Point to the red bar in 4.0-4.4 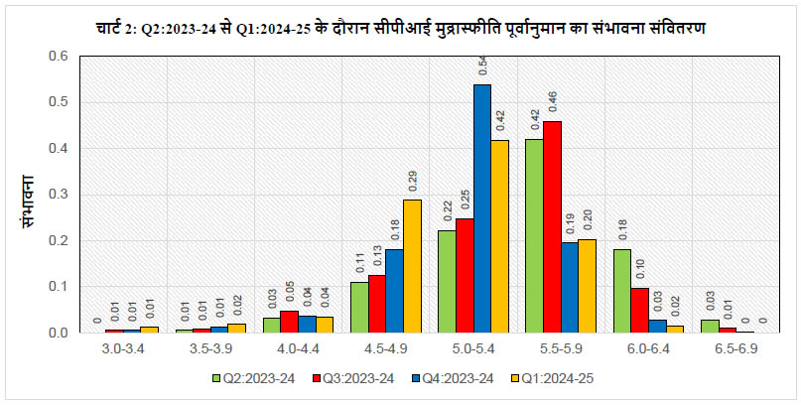[289, 322]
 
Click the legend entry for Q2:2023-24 [254, 378]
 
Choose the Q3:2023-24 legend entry [351, 378]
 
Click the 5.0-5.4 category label [473, 348]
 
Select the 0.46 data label [553, 100]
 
